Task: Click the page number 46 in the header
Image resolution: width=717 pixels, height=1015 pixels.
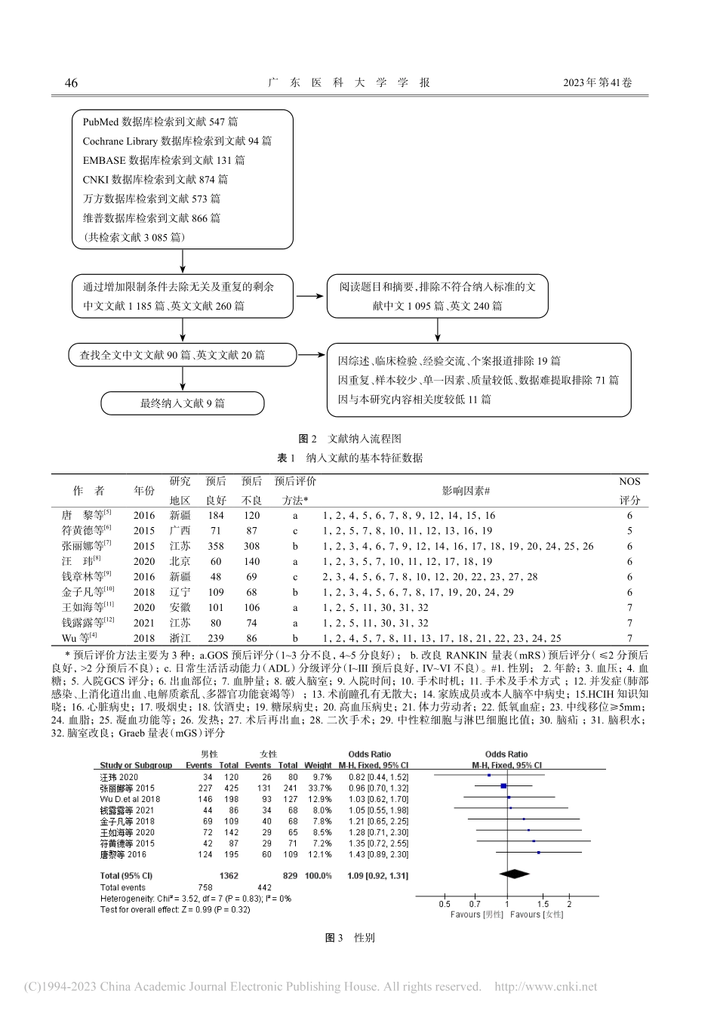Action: point(71,83)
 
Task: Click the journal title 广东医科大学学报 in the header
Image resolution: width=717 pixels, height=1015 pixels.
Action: point(349,83)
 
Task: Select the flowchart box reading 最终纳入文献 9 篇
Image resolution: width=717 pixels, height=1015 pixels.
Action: point(183,403)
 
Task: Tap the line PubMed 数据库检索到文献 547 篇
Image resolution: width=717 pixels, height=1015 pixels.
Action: point(161,122)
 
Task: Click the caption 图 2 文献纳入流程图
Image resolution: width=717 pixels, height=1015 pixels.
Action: point(350,439)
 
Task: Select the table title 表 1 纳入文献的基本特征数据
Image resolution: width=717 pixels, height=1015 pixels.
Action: point(350,458)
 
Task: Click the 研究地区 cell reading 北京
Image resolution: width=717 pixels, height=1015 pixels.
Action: point(180,562)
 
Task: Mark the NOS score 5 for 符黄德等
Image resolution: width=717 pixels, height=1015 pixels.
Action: point(629,531)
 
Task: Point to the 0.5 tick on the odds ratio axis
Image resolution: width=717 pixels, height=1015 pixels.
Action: point(445,904)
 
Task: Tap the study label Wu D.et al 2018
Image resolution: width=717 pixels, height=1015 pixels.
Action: point(130,798)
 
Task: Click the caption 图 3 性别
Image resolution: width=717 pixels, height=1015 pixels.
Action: point(350,938)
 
